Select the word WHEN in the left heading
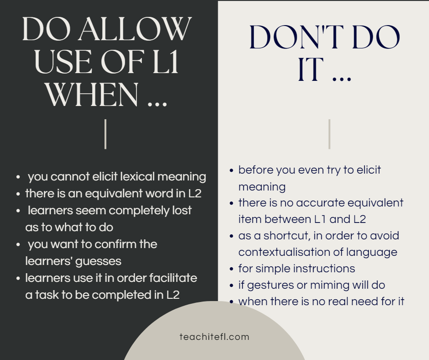tap(92, 95)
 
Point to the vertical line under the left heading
tap(105, 134)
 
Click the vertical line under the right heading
tap(330, 134)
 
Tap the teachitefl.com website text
tap(214, 337)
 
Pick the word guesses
tap(98, 262)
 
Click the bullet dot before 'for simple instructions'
tap(231, 269)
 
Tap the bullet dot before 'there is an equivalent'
tap(18, 194)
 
